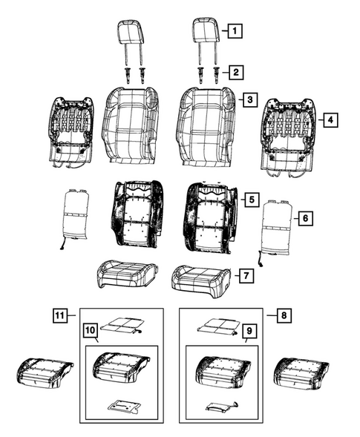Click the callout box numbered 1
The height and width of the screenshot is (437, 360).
click(x=234, y=31)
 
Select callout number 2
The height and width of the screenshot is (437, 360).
click(x=234, y=72)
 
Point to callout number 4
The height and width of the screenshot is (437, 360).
click(x=330, y=118)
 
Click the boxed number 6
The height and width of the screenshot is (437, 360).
click(x=304, y=218)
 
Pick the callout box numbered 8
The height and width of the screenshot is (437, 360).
click(x=283, y=315)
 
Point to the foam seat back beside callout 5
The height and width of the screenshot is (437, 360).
click(x=210, y=215)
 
